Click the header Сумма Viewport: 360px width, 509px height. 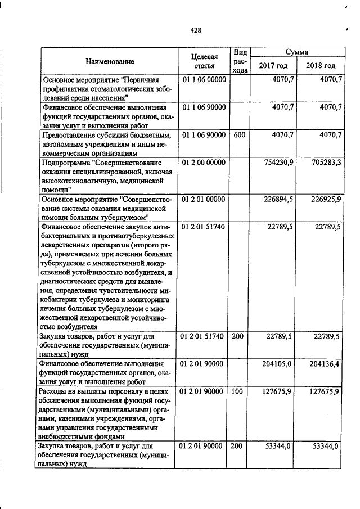point(296,52)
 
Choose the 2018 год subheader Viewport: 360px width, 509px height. point(321,66)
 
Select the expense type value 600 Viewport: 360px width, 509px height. point(238,134)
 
